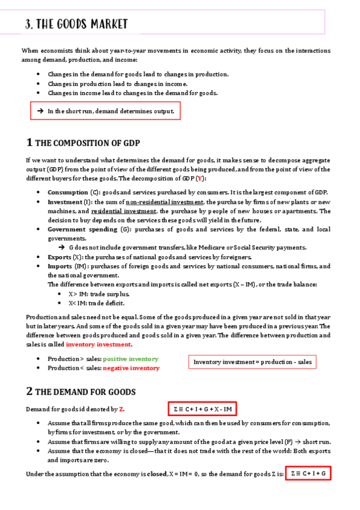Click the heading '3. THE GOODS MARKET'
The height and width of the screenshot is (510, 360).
click(x=76, y=24)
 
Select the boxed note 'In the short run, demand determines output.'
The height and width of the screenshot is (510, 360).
click(x=106, y=111)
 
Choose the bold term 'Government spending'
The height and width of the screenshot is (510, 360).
click(x=82, y=229)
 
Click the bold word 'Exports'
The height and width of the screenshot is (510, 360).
click(x=60, y=257)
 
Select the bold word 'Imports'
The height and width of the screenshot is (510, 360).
click(x=61, y=266)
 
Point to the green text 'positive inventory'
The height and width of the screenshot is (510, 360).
click(x=130, y=358)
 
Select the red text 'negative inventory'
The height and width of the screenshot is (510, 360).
click(x=131, y=368)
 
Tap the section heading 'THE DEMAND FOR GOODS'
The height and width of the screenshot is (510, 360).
click(x=85, y=392)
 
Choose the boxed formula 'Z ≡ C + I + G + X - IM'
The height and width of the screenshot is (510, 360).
click(x=202, y=410)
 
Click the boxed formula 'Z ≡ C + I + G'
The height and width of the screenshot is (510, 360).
click(x=308, y=474)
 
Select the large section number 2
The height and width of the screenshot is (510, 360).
click(x=29, y=392)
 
